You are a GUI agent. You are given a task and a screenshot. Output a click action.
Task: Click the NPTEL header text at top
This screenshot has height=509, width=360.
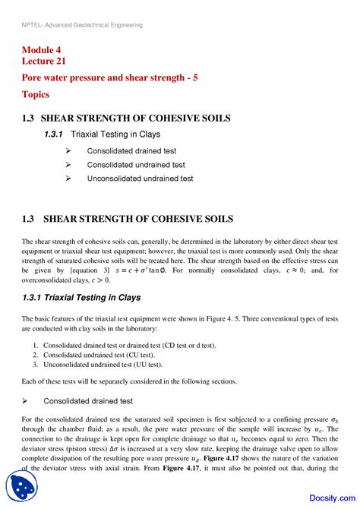(82, 25)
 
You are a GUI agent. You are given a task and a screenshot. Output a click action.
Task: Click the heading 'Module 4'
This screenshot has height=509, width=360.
(45, 51)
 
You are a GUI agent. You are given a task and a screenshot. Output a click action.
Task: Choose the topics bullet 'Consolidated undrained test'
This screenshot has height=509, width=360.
(136, 164)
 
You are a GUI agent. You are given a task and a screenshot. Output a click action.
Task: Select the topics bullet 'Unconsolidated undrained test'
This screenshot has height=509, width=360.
(140, 179)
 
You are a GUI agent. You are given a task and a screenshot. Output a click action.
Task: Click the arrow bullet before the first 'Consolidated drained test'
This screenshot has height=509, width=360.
(68, 150)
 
